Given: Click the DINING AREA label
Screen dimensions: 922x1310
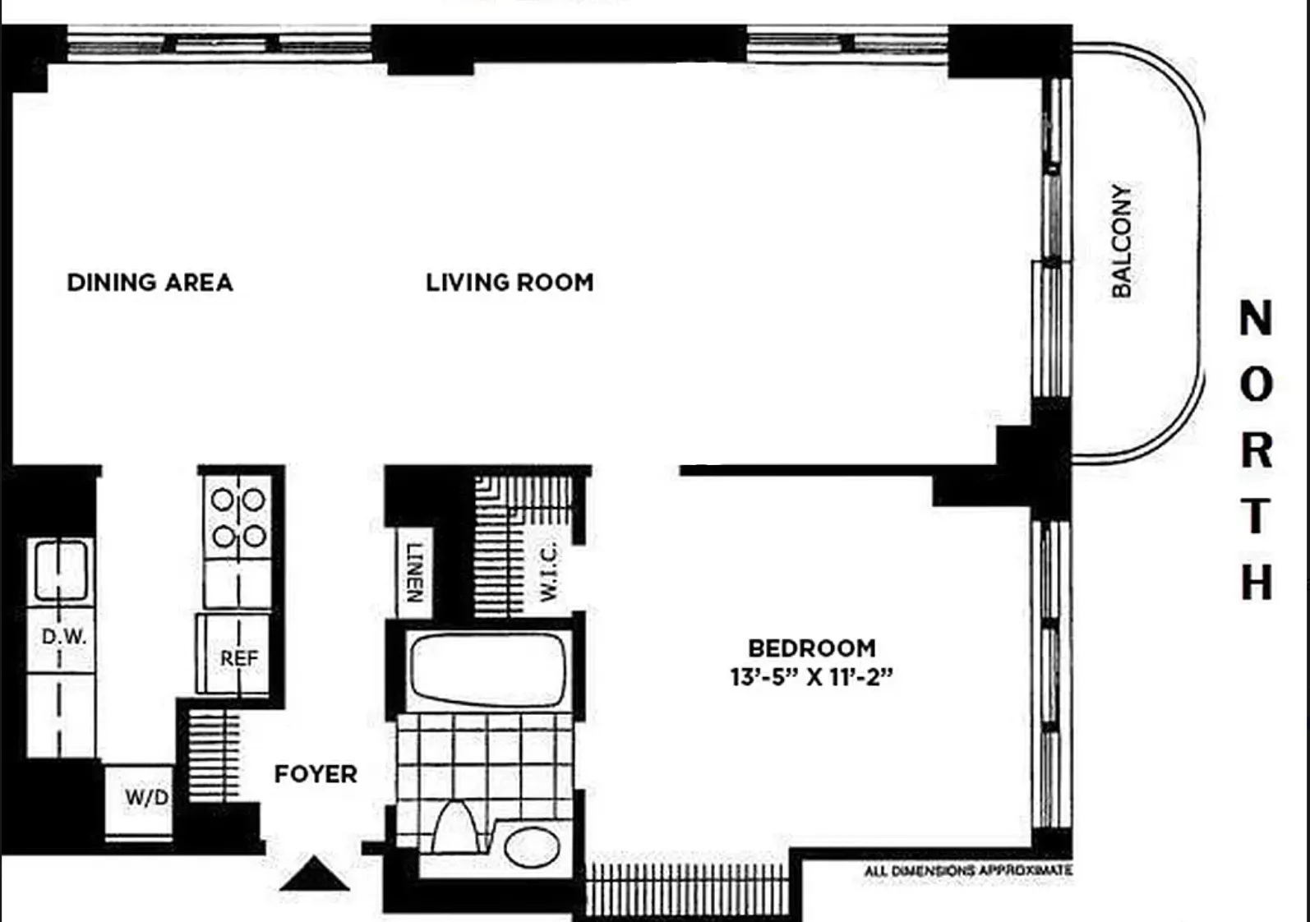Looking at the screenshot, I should tap(150, 283).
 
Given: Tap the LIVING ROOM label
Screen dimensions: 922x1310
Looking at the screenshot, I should tap(510, 283).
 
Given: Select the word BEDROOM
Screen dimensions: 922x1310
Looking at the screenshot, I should tap(811, 648).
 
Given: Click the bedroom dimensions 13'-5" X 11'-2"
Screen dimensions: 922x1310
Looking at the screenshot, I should tap(811, 677).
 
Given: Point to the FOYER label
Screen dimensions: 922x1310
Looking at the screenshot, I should tap(316, 774).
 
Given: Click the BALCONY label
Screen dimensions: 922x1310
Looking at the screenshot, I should tap(1121, 240).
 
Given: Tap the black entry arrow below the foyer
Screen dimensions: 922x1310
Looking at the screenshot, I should tap(314, 874).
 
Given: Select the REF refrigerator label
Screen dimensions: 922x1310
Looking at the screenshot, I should tap(239, 658).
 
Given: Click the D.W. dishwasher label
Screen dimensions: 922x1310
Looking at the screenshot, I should tap(64, 636).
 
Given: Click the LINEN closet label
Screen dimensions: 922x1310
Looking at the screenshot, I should tap(416, 572).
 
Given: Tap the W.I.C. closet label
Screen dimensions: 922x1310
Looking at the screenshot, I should tap(549, 570).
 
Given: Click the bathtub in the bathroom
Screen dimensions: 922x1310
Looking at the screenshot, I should tap(487, 668).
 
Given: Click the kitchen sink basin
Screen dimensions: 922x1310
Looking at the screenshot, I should tap(61, 569).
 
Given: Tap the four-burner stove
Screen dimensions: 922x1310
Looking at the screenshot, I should tap(238, 518).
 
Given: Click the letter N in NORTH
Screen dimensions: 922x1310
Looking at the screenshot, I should tap(1256, 318).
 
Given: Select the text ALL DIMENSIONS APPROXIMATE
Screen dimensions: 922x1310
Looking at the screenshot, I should tap(967, 870).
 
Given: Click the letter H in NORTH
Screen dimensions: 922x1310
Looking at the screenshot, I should tap(1256, 582).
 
